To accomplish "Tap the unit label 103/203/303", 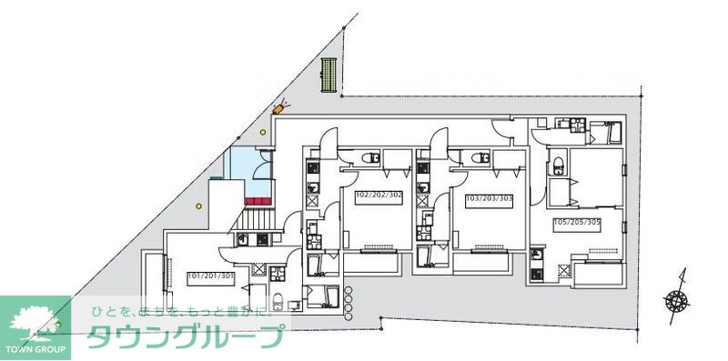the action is coord(490,197).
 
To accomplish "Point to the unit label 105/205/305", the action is coord(578,222).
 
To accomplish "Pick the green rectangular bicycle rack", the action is coord(329,75).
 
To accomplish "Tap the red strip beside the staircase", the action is coord(259,200).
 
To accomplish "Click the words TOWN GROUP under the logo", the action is coord(35,349).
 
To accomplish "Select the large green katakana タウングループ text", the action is coord(185,337).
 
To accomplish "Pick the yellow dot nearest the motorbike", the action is coord(264,132).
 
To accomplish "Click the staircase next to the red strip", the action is coord(256,219).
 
